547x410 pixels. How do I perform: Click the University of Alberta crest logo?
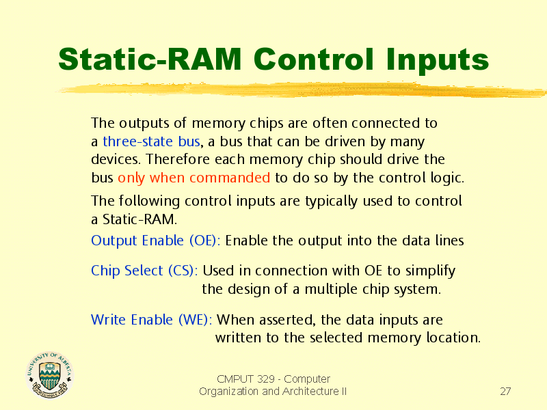(x=49, y=374)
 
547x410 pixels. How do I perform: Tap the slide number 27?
(x=505, y=391)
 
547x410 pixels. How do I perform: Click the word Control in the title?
(x=314, y=59)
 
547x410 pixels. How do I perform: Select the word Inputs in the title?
(x=438, y=60)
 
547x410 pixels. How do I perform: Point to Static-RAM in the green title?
(x=150, y=59)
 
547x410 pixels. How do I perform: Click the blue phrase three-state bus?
(x=151, y=141)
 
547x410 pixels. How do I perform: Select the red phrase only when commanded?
(x=194, y=178)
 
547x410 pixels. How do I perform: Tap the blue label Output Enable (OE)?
(x=156, y=241)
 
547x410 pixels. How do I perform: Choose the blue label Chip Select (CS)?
(x=144, y=271)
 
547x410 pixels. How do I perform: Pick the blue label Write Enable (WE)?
(x=151, y=320)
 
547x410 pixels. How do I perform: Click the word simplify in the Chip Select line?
(x=430, y=271)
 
